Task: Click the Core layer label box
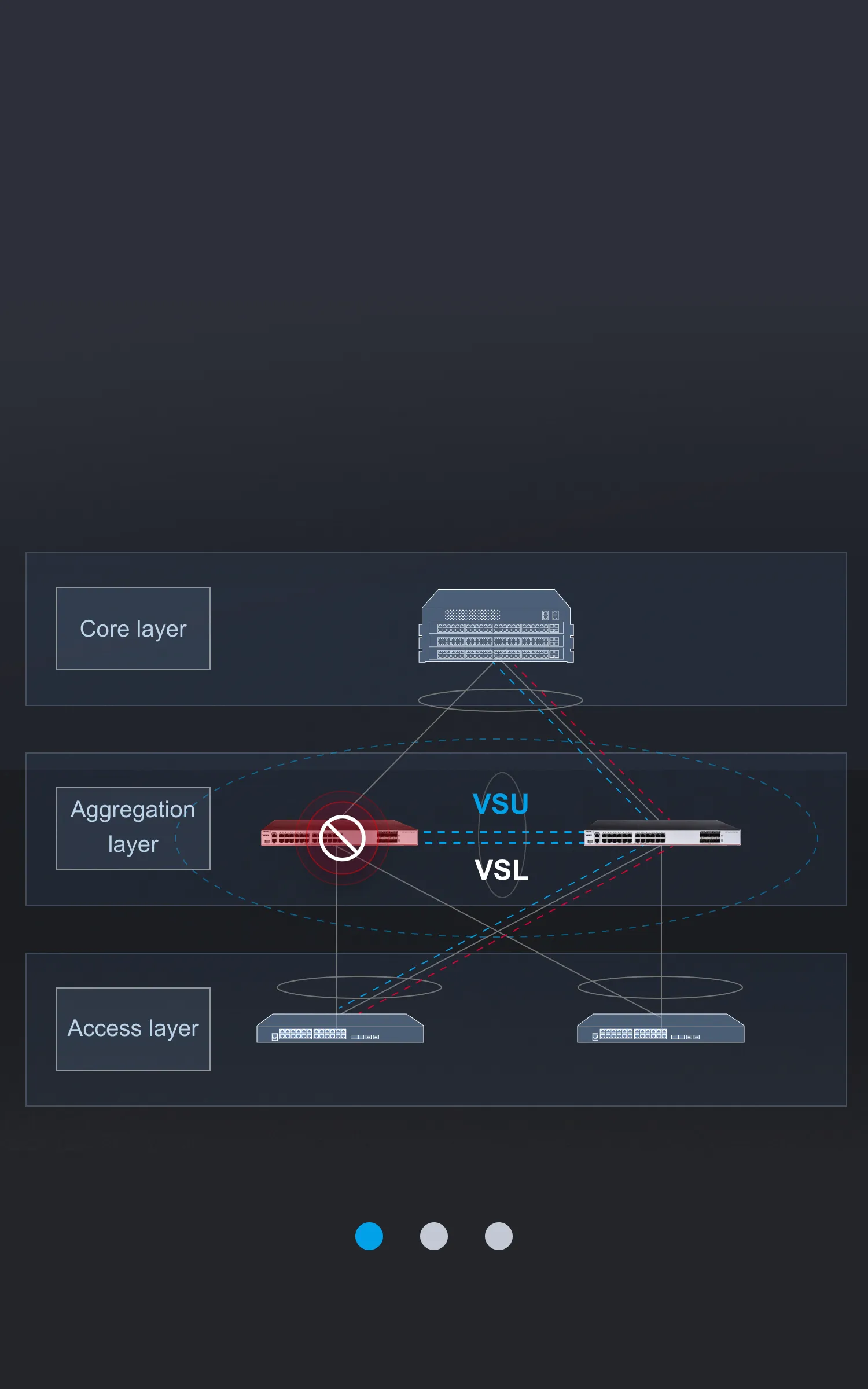pos(133,629)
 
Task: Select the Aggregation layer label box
pos(133,829)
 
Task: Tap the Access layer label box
pos(133,1029)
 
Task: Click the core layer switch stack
pos(496,626)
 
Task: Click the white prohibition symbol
pos(342,838)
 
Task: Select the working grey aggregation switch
pos(663,833)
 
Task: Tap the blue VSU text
pos(501,804)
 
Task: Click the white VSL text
pos(502,870)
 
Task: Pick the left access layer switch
pos(340,1028)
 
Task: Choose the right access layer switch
pos(661,1028)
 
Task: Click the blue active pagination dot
pos(369,1236)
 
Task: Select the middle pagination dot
pos(434,1236)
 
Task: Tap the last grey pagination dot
pos(499,1236)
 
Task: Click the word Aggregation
pos(133,810)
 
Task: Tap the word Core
pos(105,629)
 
